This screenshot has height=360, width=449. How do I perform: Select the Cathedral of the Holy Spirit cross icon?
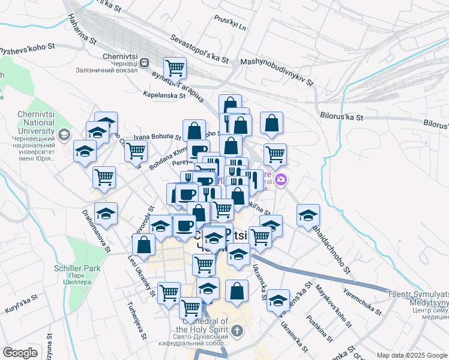point(237,331)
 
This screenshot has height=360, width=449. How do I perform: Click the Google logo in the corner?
point(20,353)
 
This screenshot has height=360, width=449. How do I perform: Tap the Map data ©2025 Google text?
point(412,355)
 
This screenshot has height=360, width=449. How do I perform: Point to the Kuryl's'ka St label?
point(21,300)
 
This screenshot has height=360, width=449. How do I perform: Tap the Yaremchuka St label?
point(362,301)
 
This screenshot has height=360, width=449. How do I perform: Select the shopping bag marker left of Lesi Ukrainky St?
point(143,244)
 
